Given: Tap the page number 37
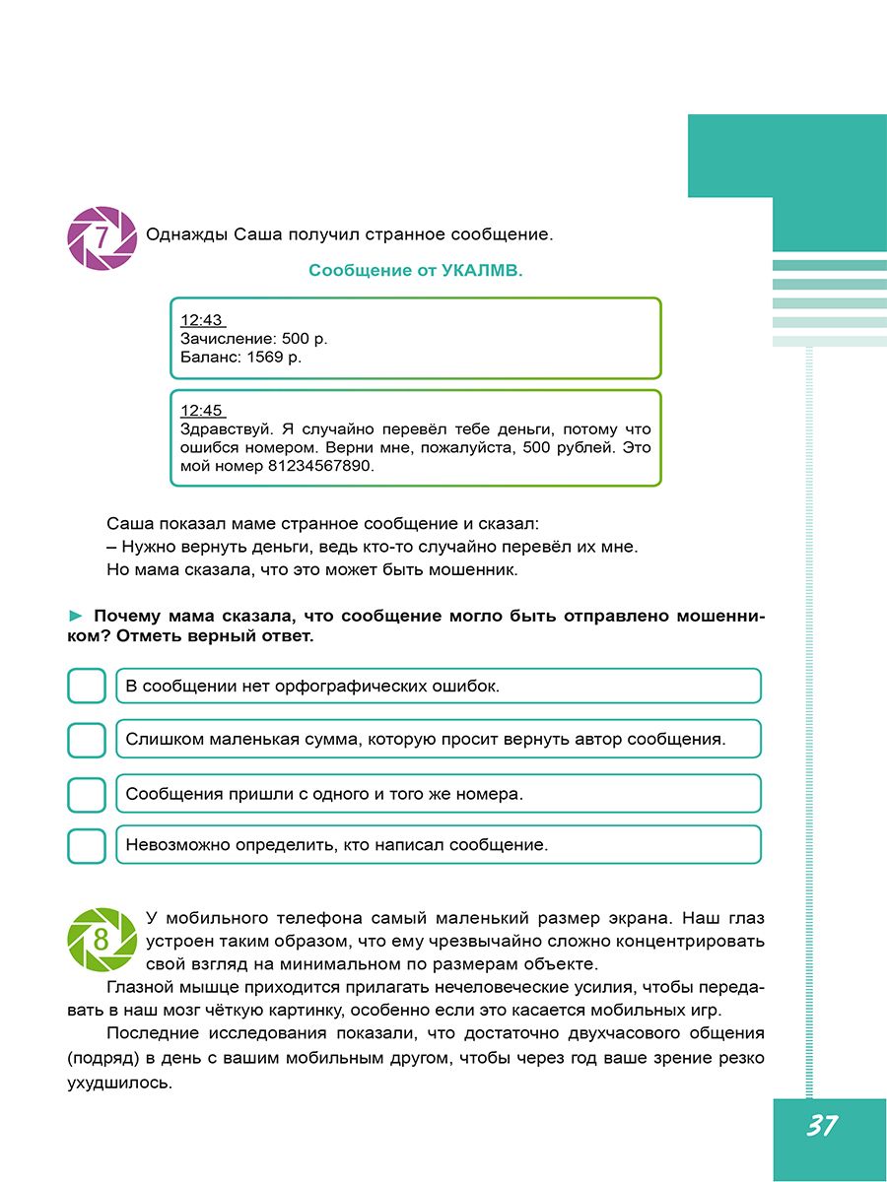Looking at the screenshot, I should point(821,1125).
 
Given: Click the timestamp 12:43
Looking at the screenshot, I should point(202,320).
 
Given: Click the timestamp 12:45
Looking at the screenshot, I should point(202,411).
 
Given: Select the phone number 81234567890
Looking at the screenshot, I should point(321,467).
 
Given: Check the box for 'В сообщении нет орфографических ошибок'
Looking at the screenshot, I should point(87,686).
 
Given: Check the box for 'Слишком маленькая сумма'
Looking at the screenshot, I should point(87,739).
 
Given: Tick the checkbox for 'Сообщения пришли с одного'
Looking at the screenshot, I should point(87,793).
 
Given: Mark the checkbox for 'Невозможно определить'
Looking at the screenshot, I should point(87,845).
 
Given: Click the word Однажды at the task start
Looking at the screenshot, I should point(186,234).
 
